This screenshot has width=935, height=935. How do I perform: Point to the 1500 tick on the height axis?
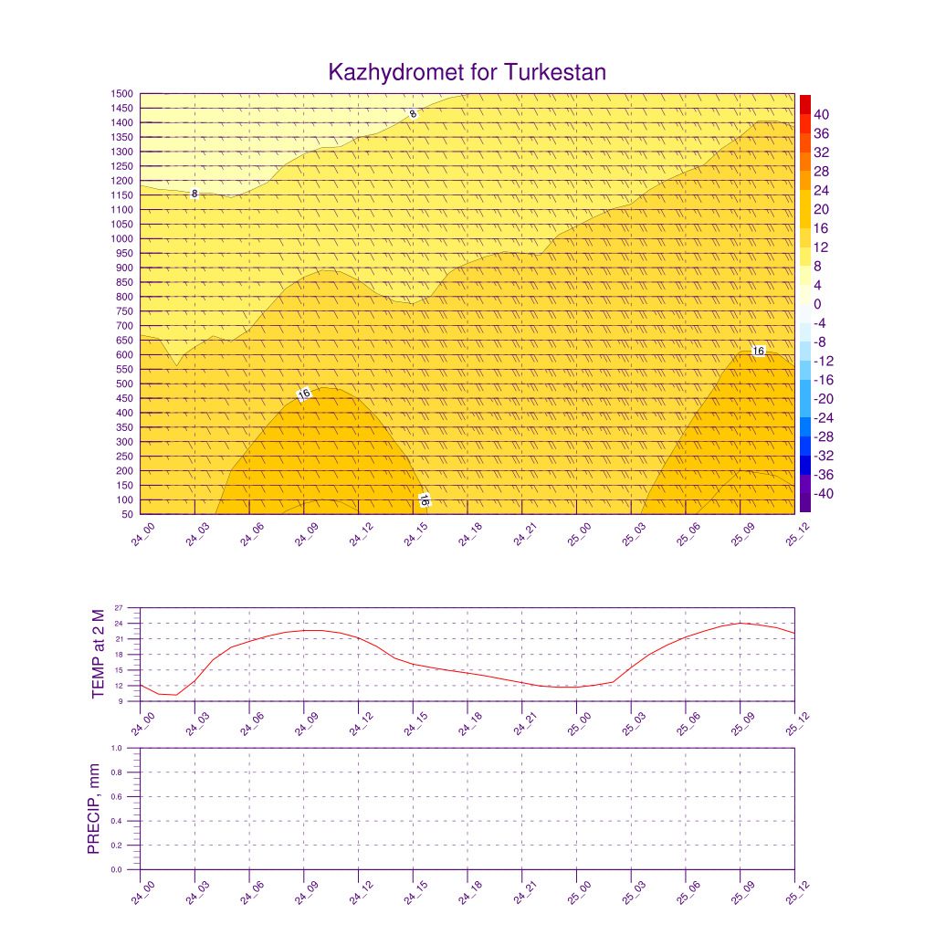[122, 94]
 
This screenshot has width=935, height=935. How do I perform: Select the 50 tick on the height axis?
[127, 515]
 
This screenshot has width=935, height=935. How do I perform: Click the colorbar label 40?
[822, 114]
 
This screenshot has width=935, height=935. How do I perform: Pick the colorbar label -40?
[819, 494]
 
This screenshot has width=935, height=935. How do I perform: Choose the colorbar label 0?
[817, 304]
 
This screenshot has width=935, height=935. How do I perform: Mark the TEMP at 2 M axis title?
[100, 655]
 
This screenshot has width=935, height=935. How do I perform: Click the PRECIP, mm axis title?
[93, 809]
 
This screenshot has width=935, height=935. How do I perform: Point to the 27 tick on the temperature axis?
[119, 608]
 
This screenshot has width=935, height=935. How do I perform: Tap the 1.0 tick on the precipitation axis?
[117, 748]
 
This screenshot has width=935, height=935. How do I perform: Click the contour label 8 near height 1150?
[194, 194]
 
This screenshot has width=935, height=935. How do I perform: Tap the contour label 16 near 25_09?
[758, 351]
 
